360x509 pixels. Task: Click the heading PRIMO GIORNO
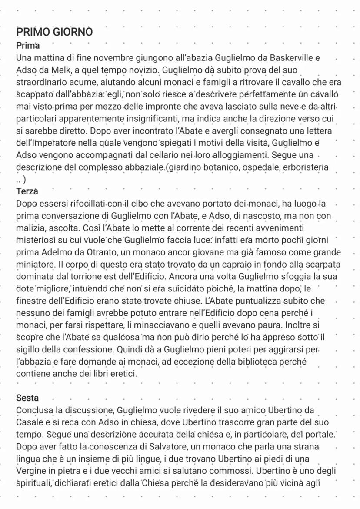[54, 32]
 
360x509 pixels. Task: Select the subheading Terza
[27, 191]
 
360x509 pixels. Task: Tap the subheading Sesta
[27, 398]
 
